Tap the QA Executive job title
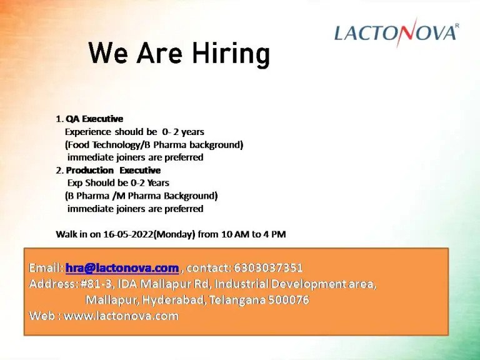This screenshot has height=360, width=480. tap(94, 119)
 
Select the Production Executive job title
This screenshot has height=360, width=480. tap(113, 170)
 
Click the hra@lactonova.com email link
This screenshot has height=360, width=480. tap(122, 268)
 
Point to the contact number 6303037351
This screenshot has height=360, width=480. tap(268, 268)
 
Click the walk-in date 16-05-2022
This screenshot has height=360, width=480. tap(128, 234)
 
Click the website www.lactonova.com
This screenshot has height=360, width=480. tap(121, 316)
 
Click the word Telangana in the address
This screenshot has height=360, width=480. tap(237, 300)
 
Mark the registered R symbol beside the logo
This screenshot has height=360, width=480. tap(457, 26)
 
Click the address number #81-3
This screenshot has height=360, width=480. tap(96, 284)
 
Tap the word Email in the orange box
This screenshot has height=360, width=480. tap(46, 268)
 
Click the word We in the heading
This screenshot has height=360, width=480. tap(107, 52)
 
